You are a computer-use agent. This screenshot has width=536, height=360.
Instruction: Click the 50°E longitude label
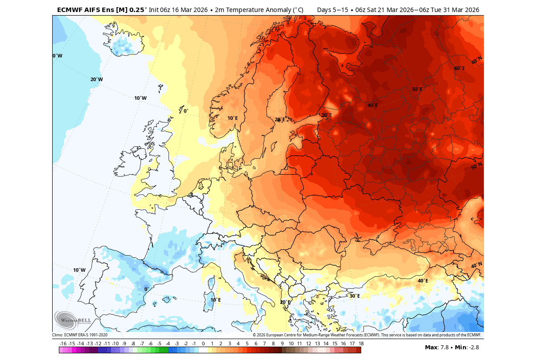[x=417, y=89]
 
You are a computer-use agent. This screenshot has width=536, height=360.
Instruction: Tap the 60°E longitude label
[x=459, y=68]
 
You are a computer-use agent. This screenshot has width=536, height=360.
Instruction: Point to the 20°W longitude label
[x=96, y=79]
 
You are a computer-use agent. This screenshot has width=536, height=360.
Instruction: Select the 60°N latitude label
[x=477, y=60]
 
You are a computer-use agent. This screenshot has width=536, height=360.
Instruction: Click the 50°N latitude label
[x=477, y=167]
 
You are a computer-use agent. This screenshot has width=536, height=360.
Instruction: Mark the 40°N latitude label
[x=477, y=266]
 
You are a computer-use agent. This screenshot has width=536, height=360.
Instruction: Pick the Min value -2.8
[x=472, y=347]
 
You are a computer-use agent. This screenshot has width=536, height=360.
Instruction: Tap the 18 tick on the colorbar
[x=360, y=344]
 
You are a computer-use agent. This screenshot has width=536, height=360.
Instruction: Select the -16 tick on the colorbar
[x=63, y=344]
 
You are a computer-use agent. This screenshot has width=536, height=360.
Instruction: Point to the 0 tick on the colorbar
[x=203, y=344]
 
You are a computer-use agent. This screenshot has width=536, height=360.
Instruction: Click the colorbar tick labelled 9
[x=282, y=344]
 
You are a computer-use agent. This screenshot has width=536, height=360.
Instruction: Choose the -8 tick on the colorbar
[x=133, y=344]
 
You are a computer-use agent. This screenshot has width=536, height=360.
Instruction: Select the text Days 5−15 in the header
[x=332, y=10]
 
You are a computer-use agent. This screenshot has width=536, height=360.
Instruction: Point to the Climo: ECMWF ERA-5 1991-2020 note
[x=80, y=335]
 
